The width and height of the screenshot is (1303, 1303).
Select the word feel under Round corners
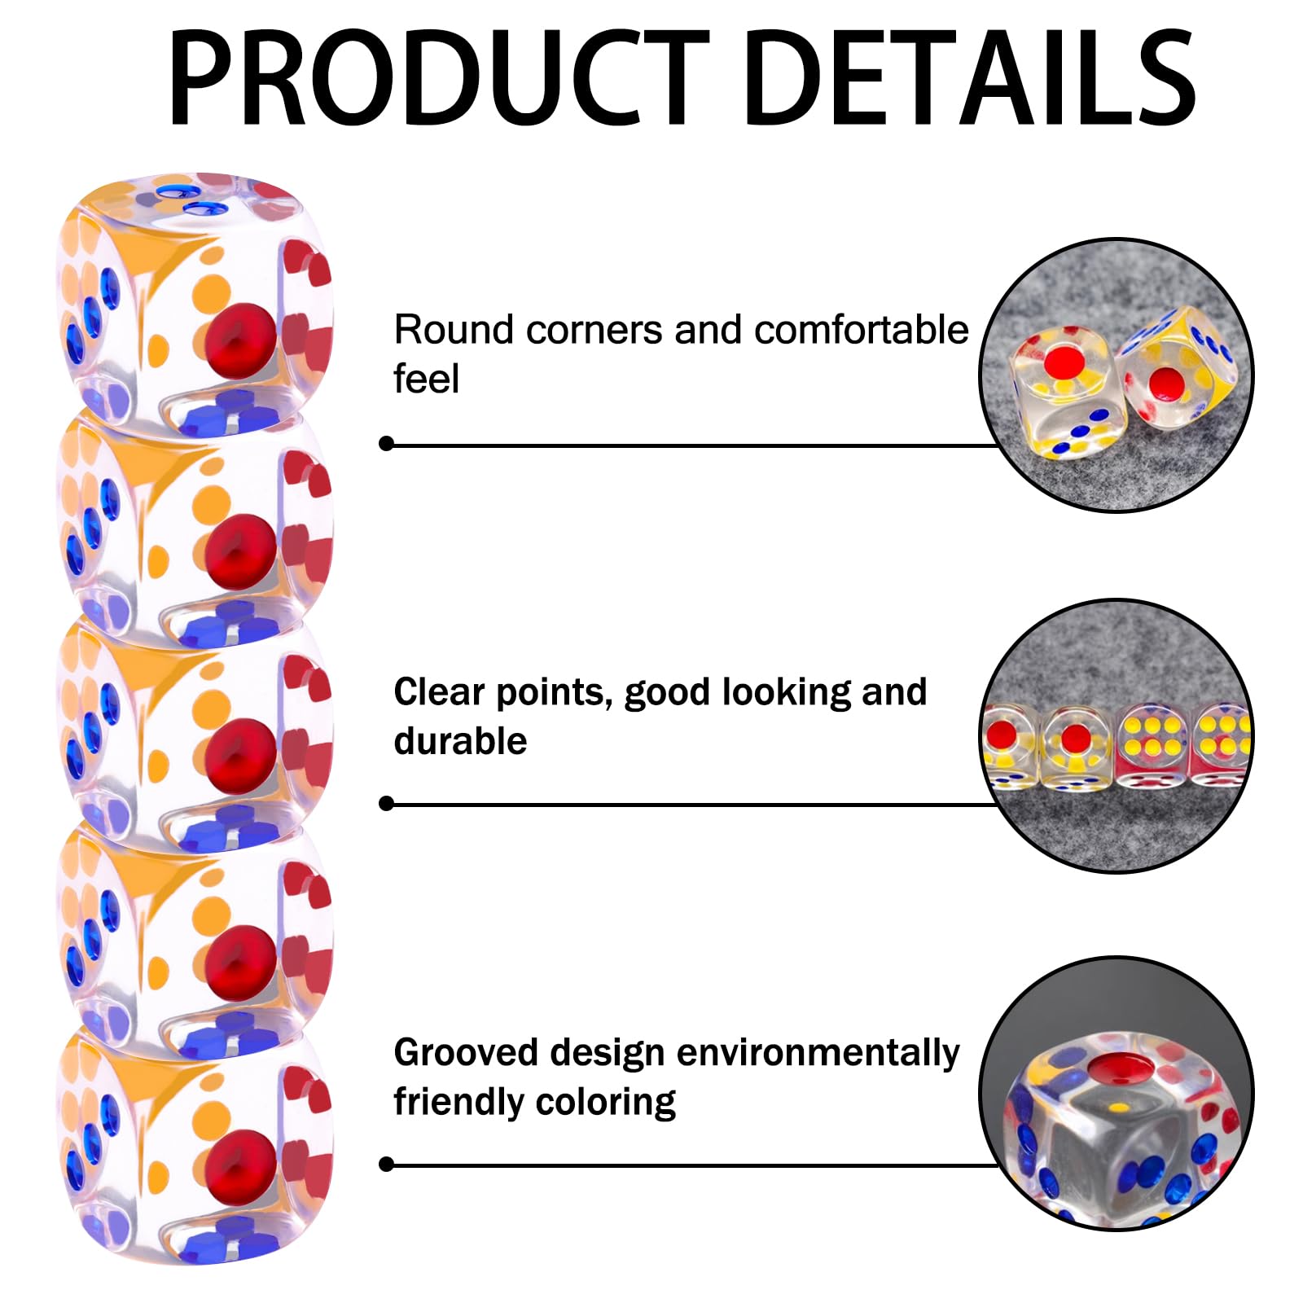click(x=426, y=379)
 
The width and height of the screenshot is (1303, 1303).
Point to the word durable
click(x=460, y=741)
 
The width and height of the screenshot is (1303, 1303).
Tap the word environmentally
click(x=818, y=1054)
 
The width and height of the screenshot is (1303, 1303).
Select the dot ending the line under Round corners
click(x=387, y=444)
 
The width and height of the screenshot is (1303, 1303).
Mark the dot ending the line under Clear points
click(x=387, y=804)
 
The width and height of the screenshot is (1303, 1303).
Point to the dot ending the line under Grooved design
click(x=387, y=1165)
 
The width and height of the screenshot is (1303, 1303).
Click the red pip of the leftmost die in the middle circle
click(x=1000, y=735)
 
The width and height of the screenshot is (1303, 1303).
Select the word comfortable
click(x=861, y=330)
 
